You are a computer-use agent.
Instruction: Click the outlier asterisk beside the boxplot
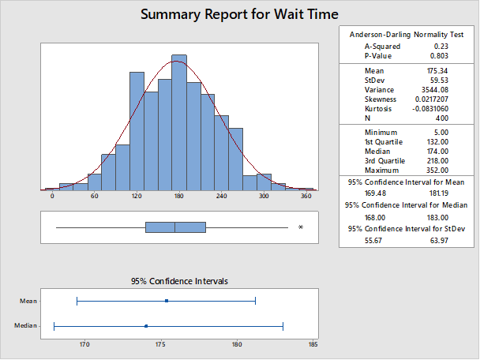click(300, 228)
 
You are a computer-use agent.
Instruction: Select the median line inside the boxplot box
click(174, 227)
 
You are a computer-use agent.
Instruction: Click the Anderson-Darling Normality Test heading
click(407, 35)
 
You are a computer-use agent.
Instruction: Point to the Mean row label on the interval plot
click(28, 301)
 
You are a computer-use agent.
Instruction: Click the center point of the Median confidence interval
click(146, 326)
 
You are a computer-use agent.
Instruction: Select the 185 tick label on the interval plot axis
click(313, 344)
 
